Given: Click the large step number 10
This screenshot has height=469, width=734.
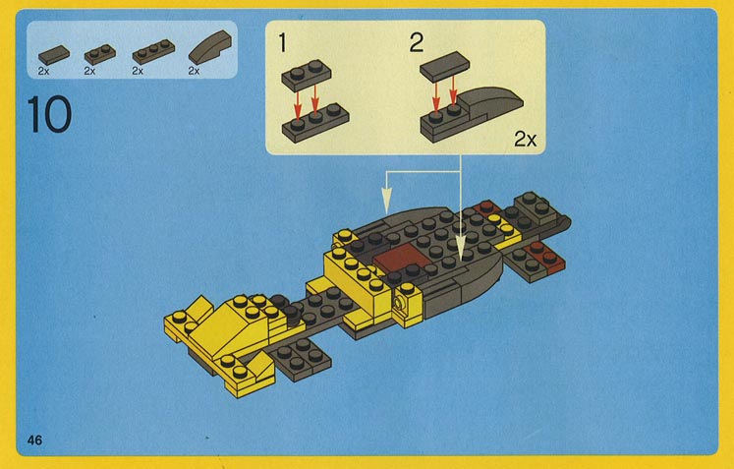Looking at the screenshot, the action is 49,114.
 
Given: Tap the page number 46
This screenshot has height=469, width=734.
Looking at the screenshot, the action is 34,440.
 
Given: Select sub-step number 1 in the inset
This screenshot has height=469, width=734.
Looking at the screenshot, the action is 282,42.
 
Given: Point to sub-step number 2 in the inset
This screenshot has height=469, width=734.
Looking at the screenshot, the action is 417,42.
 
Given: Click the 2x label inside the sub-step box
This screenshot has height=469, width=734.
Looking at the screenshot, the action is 526,140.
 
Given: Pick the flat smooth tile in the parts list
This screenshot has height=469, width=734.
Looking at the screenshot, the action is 54,55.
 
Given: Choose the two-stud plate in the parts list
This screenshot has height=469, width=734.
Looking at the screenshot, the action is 100,54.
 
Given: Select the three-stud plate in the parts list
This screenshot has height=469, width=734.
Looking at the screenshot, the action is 153,51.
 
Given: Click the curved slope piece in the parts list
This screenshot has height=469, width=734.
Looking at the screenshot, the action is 210,47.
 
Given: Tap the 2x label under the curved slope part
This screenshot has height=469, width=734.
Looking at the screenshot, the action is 194,71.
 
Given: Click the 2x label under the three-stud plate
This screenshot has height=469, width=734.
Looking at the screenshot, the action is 138,71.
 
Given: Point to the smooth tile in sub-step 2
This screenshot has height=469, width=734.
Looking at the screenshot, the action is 445,67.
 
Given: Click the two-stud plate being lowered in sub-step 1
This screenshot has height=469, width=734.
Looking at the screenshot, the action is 307,75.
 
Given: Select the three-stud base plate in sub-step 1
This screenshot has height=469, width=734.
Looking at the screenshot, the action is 315,123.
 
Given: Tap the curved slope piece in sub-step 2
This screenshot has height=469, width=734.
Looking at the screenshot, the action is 489,101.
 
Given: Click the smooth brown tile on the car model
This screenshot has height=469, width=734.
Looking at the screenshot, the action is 398,257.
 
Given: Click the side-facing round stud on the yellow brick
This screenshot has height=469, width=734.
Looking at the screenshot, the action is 399,303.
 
